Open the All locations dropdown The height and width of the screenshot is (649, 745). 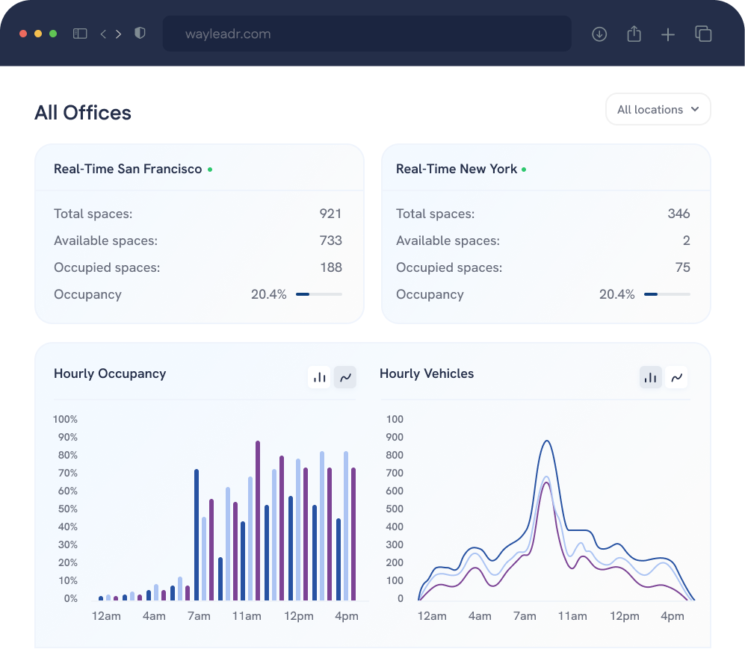(x=658, y=110)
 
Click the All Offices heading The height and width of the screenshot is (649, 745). (x=83, y=113)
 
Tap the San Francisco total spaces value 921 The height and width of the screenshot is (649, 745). (x=330, y=214)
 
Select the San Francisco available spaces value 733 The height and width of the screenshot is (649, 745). (x=330, y=240)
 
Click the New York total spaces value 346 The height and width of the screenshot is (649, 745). (x=678, y=214)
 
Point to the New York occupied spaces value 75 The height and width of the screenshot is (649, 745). (x=681, y=267)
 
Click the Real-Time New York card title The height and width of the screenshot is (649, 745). (x=457, y=169)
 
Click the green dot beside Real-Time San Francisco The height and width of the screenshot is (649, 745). (x=210, y=170)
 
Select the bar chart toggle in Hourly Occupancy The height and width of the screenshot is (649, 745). (x=320, y=377)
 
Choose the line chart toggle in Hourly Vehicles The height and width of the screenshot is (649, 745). (x=676, y=377)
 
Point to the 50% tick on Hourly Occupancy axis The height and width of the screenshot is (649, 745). (x=67, y=509)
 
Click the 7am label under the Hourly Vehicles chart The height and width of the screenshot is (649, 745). (x=525, y=616)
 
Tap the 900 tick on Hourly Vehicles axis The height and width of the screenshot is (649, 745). (x=395, y=437)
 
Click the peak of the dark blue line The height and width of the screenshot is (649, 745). (x=546, y=441)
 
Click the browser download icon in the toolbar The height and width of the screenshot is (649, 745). (x=599, y=34)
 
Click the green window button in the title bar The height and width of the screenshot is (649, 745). (x=53, y=34)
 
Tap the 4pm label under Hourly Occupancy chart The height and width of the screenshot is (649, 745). (x=347, y=616)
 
